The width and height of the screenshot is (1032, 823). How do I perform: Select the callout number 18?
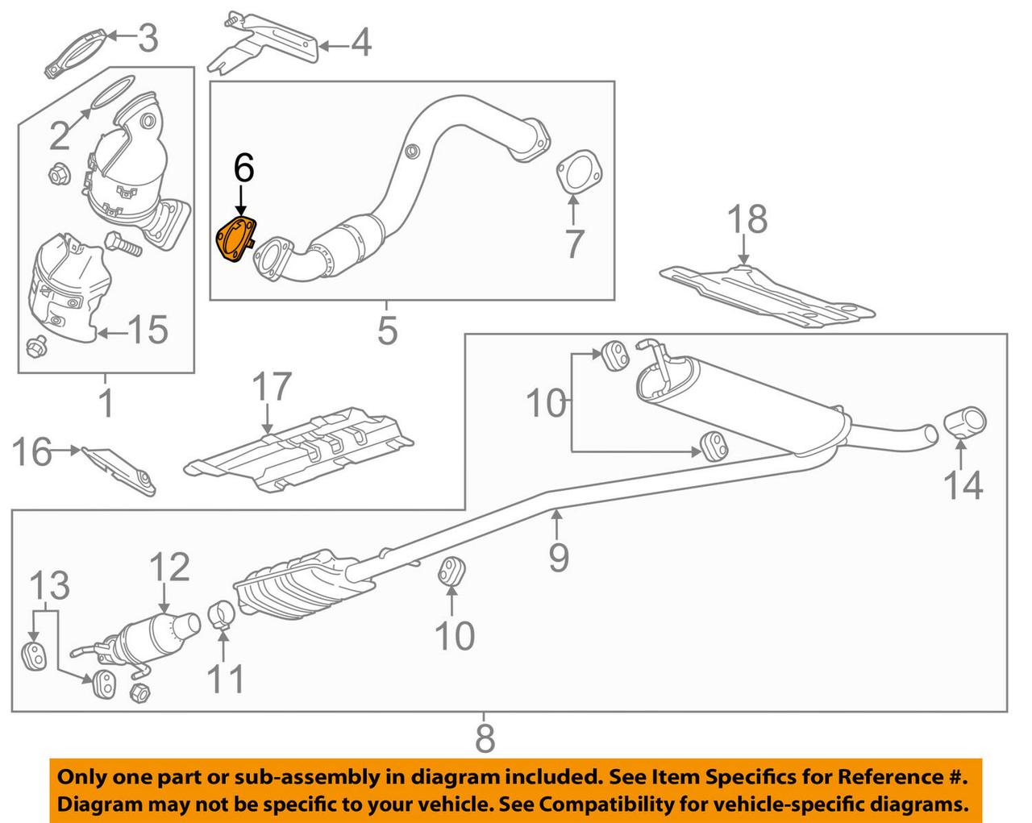click(x=747, y=220)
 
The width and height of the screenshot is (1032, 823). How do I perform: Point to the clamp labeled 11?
click(x=221, y=617)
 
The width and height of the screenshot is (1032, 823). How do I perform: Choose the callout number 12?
click(x=170, y=567)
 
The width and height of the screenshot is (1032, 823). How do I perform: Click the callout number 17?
click(x=272, y=388)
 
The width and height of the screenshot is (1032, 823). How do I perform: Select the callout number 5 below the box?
click(x=388, y=330)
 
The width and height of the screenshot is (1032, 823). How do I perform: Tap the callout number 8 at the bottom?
click(x=484, y=738)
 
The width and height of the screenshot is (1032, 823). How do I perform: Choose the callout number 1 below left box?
click(x=106, y=403)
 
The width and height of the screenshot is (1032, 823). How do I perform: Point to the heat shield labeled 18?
click(x=766, y=294)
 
